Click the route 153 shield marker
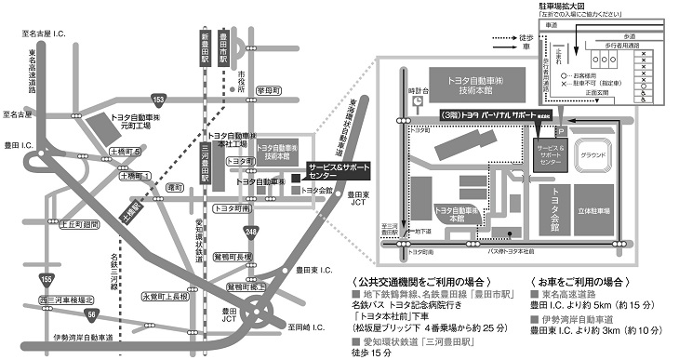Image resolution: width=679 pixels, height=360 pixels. click(159, 100)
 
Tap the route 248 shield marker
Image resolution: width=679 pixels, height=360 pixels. click(250, 230)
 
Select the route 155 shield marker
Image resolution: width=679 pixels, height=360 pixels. click(44, 277)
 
